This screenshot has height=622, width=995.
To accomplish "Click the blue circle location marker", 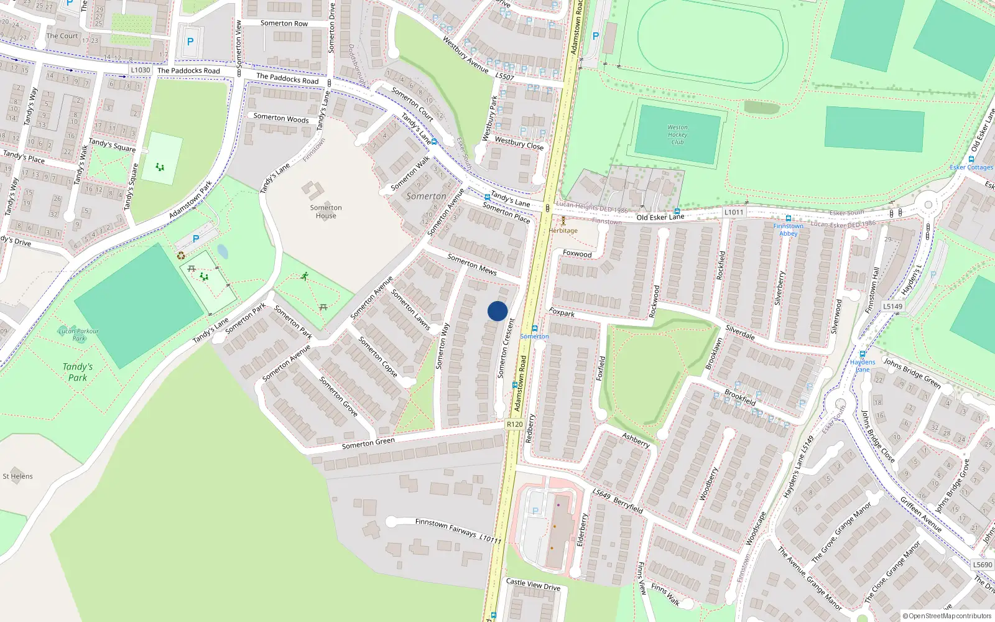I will tap(497, 311).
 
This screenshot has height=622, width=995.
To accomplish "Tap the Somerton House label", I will tap(326, 211).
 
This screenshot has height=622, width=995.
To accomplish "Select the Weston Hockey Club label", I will tap(677, 134).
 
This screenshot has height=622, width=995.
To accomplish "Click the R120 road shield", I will tap(514, 424).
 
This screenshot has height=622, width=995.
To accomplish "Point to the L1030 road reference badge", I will tap(141, 70).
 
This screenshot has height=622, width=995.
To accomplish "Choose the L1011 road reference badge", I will tap(734, 212).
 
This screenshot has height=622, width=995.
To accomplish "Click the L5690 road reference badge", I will tap(983, 565).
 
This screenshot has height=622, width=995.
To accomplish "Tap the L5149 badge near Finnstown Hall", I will tap(892, 306).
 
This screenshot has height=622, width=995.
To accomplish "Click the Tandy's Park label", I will tap(78, 372).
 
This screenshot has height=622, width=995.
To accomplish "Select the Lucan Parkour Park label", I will tap(78, 335).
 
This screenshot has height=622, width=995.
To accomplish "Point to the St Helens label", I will tap(17, 476).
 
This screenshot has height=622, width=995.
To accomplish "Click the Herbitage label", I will tap(563, 230).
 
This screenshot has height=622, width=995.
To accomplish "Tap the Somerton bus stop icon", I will tap(534, 328).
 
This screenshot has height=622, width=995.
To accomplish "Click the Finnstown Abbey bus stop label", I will tap(788, 230).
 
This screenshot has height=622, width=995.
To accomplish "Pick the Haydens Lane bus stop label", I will tap(863, 366).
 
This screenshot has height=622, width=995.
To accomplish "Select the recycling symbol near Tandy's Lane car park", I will tap(181, 255).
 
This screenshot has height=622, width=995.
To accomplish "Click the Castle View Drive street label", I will tap(533, 585).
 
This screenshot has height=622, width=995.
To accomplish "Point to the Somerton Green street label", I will tap(368, 443).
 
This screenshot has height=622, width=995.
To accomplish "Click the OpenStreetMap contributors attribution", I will tap(947, 616).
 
